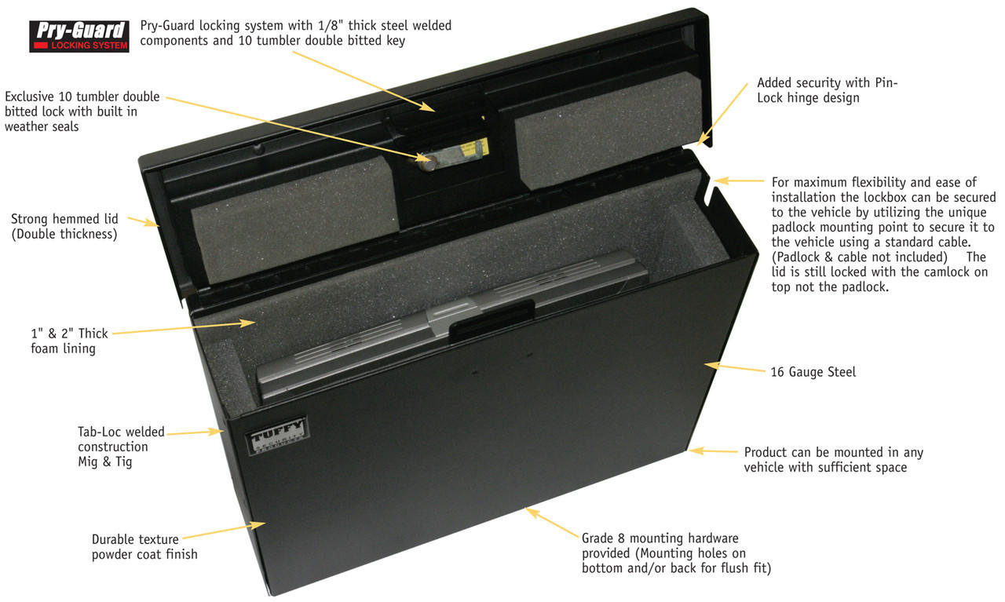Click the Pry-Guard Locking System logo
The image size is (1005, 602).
[x=79, y=35]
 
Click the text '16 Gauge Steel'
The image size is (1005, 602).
[x=813, y=372]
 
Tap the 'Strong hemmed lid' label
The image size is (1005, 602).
[x=64, y=226]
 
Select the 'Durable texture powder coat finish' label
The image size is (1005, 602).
[x=144, y=547]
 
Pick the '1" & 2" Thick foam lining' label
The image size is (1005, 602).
[x=69, y=341]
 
